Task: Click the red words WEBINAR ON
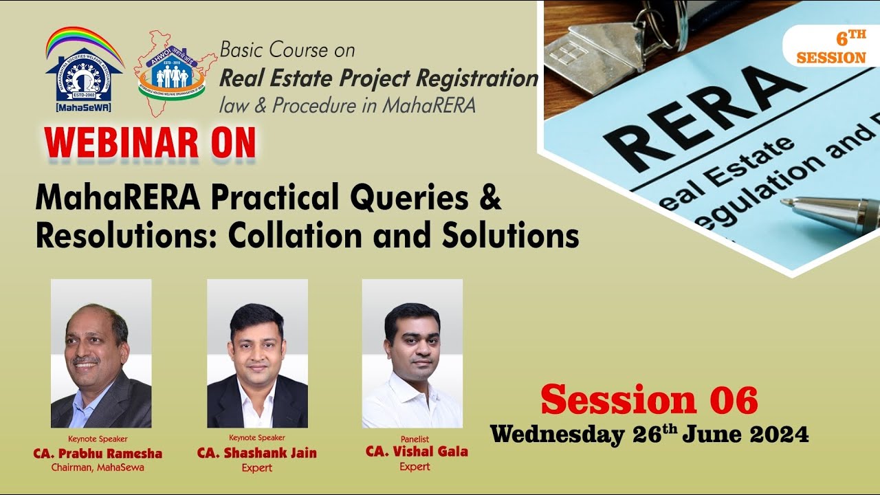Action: (x=151, y=143)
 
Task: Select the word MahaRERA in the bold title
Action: (x=118, y=199)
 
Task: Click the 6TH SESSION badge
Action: (x=831, y=47)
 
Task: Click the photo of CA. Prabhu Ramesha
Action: (x=101, y=353)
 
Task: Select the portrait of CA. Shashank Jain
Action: (x=257, y=353)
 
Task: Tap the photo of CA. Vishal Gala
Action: (x=412, y=353)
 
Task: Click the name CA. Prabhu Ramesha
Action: (x=98, y=454)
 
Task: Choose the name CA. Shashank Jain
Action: (x=257, y=453)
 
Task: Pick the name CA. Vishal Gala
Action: (x=417, y=452)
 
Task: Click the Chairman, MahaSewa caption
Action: (x=98, y=468)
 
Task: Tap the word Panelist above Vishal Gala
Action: (x=415, y=439)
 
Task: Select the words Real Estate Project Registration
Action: (x=378, y=79)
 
